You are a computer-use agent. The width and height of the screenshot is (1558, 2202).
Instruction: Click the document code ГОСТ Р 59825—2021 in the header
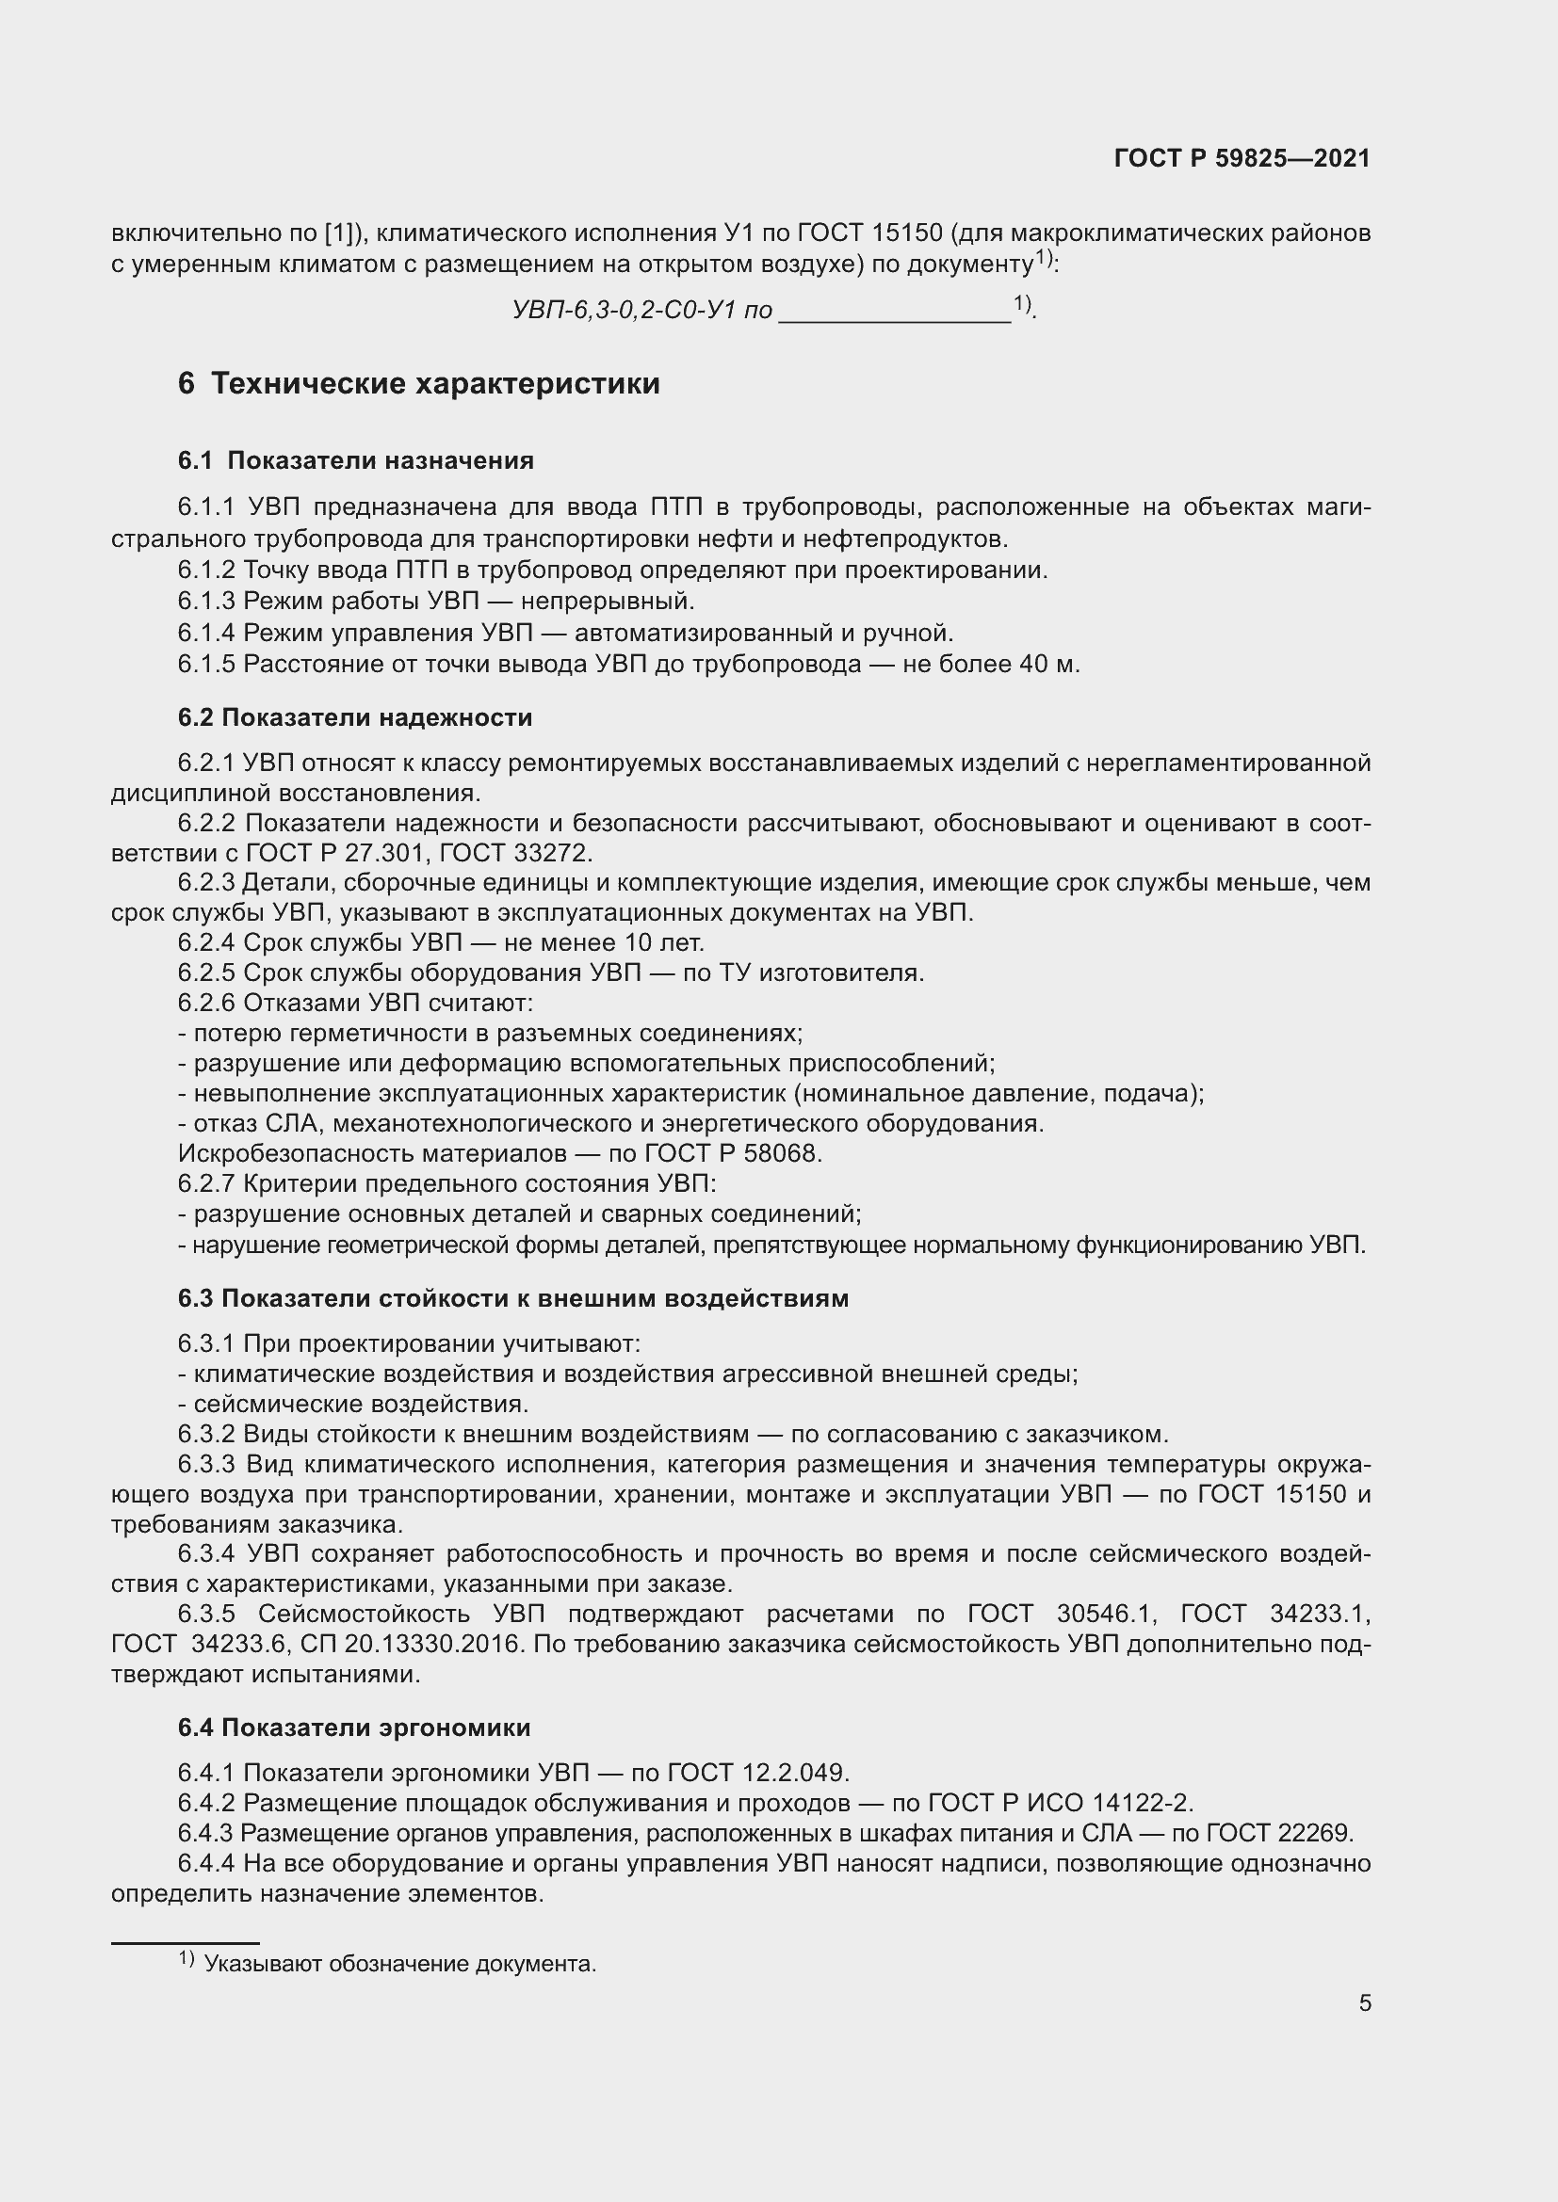pos(1242,158)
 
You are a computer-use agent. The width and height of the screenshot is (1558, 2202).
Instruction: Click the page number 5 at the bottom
pos(1365,2003)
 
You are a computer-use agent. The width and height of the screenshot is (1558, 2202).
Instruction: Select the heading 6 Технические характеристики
pos(419,383)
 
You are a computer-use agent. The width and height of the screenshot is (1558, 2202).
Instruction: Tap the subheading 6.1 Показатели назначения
pos(356,460)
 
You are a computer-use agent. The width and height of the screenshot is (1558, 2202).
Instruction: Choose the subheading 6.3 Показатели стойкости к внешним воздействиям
pos(513,1298)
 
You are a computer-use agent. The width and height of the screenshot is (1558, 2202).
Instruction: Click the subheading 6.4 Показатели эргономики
pos(354,1728)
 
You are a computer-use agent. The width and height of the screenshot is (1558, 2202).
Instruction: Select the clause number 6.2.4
pos(206,942)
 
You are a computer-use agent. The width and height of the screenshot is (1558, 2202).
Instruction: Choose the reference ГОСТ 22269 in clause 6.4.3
pos(1278,1833)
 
